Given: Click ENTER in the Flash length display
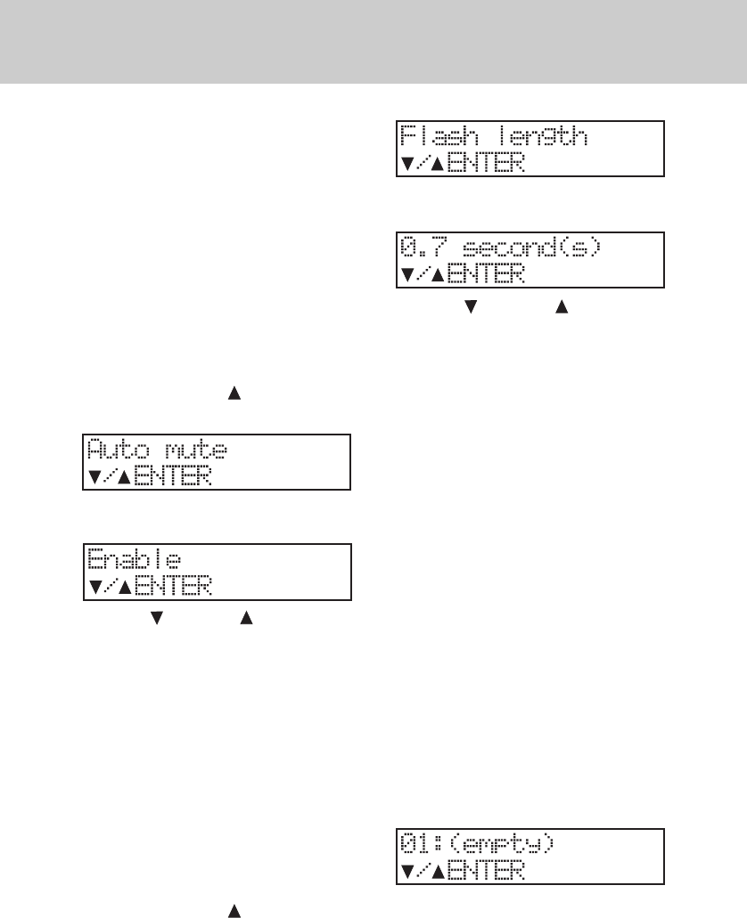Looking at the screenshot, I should click(x=486, y=163).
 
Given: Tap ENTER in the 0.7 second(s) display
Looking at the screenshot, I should click(x=486, y=274).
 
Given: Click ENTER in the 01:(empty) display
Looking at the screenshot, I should click(x=486, y=870).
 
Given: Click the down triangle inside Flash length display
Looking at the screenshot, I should click(x=406, y=164).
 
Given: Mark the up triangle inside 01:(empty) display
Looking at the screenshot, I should click(x=438, y=870).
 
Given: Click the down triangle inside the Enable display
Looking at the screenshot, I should click(x=94, y=587).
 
